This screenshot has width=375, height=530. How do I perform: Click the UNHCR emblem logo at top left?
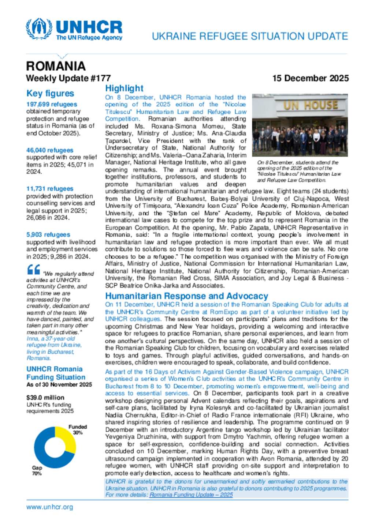coord(39,29)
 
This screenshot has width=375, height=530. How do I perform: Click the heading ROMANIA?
coord(56,66)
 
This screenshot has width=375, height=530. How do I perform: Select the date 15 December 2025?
coord(310,78)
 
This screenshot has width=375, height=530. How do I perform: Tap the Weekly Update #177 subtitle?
coord(68,78)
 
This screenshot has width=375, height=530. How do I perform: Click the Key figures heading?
coord(50,94)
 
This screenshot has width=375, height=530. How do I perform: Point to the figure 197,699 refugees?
coord(52,105)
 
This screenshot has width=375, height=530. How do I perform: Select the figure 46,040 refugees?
coord(50,150)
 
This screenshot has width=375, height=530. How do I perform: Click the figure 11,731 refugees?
coord(50,189)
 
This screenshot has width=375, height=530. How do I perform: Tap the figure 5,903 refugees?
coord(48,235)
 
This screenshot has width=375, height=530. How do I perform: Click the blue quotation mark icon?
coord(34,270)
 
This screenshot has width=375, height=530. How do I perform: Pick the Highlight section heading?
coord(124,89)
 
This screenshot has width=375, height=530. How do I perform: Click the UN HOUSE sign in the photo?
coord(311,106)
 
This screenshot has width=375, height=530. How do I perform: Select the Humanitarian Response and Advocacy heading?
coord(186,296)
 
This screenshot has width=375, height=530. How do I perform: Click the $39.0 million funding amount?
coord(45,398)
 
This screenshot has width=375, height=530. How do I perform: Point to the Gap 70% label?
coord(37,470)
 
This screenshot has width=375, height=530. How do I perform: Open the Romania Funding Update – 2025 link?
coord(191,495)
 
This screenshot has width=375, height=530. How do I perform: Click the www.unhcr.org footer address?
coord(49,507)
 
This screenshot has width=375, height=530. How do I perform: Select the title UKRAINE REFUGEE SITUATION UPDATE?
coord(250,36)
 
